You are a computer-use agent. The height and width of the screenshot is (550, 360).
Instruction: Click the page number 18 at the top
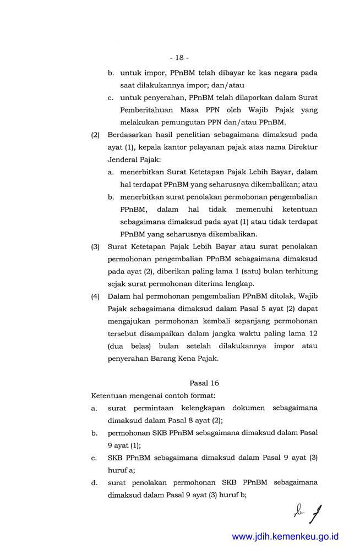click(x=179, y=57)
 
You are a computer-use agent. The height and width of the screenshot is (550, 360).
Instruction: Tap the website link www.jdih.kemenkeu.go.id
click(x=285, y=536)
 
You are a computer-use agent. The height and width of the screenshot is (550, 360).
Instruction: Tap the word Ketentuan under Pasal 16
click(x=112, y=395)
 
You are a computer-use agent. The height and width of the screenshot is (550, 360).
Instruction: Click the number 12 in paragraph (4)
click(x=312, y=333)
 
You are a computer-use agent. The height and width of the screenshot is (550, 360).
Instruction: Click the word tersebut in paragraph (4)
click(x=124, y=333)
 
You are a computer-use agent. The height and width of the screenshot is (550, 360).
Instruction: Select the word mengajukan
click(x=129, y=321)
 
